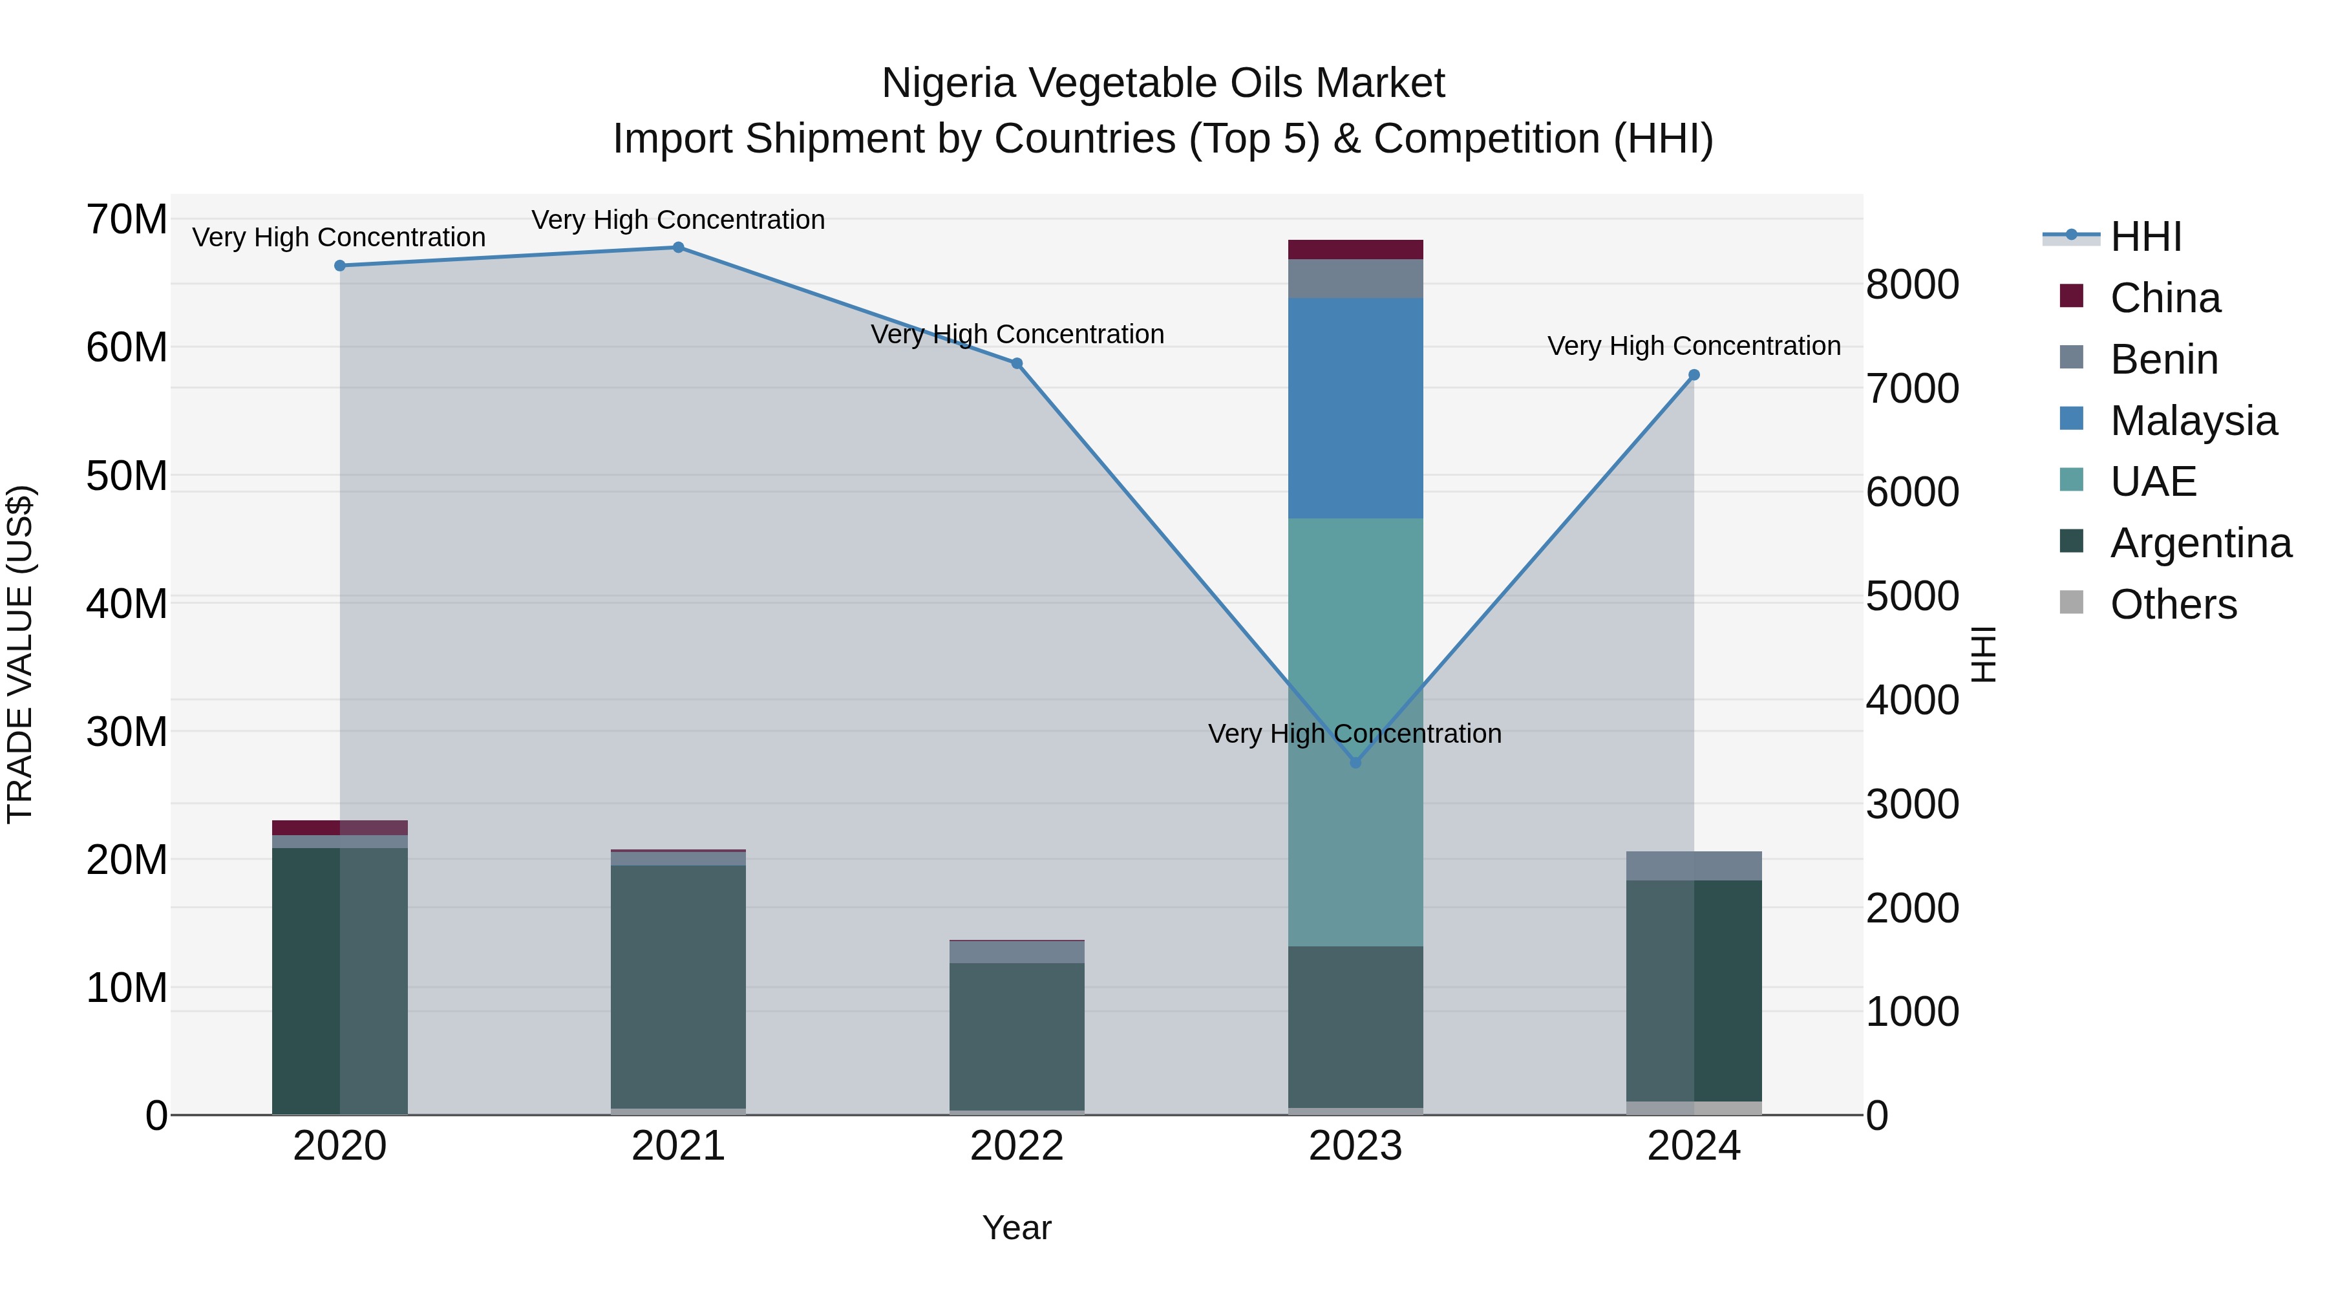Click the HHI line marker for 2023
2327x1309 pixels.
pos(1355,763)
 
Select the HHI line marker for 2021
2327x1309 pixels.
pos(679,248)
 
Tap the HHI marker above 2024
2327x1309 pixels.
pos(1694,375)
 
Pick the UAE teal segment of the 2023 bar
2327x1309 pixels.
pos(1355,732)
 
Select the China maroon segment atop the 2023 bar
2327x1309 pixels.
pos(1355,250)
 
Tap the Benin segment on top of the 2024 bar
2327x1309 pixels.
pos(1694,866)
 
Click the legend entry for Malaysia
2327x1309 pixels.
pos(2193,421)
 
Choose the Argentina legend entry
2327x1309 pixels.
pos(2200,543)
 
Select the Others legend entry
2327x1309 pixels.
pos(2173,604)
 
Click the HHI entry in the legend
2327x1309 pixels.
pos(2145,237)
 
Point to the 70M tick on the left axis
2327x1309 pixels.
pos(127,220)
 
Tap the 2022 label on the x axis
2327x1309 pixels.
pos(1016,1146)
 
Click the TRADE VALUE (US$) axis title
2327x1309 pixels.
pos(21,654)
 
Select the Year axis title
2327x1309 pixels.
pos(1016,1228)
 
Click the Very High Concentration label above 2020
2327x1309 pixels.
pos(339,238)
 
